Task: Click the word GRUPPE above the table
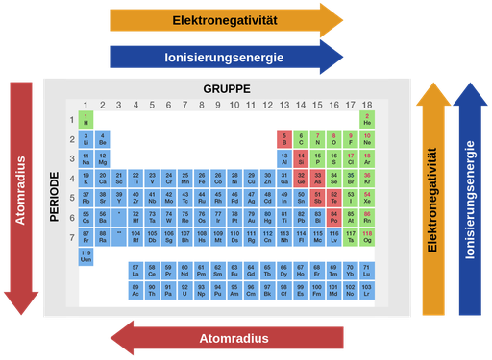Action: click(x=227, y=88)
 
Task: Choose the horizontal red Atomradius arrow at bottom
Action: click(x=231, y=338)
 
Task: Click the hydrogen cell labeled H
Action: click(x=86, y=120)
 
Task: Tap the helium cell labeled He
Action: click(x=367, y=120)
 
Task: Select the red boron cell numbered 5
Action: click(x=284, y=139)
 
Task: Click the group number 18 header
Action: click(x=367, y=105)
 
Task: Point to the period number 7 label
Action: click(x=72, y=236)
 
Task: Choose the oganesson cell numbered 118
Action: click(x=367, y=236)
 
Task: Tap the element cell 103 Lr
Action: click(x=367, y=290)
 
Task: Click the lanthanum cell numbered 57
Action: click(x=135, y=271)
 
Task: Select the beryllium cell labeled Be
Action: click(x=102, y=139)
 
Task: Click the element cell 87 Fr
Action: click(x=86, y=236)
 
